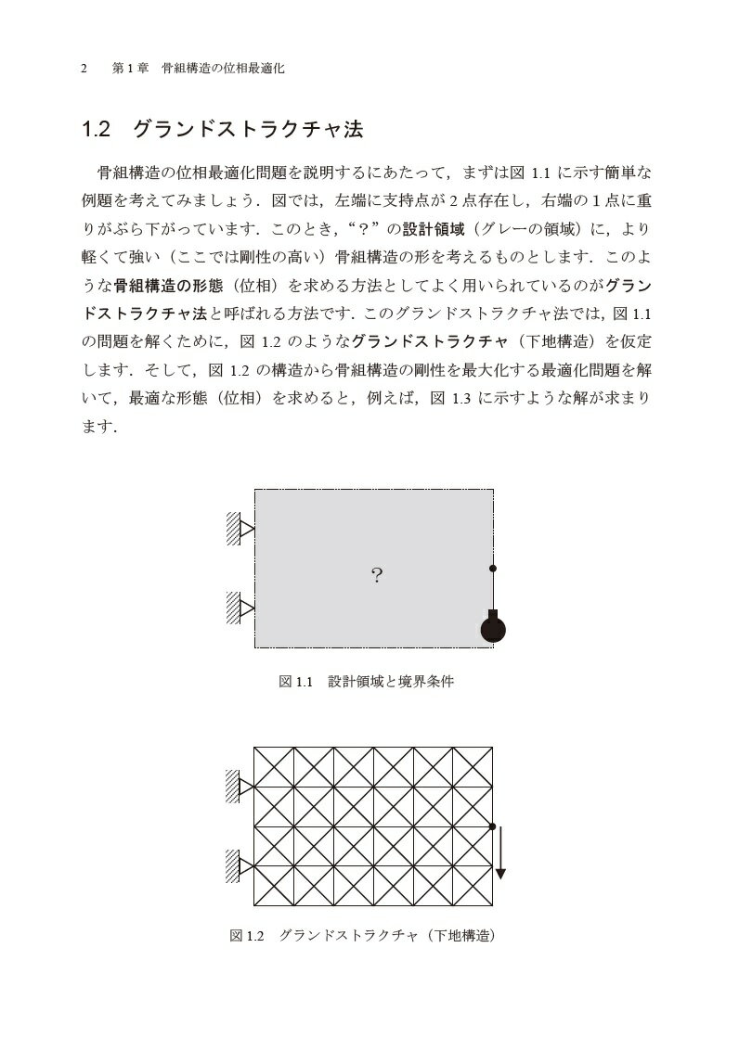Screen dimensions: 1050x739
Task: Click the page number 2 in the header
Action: [84, 69]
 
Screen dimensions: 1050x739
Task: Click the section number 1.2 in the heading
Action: [97, 130]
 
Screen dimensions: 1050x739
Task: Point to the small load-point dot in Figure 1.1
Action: [493, 568]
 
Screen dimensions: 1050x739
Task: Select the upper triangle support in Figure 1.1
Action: [247, 529]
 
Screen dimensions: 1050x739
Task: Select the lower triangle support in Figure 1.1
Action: [247, 608]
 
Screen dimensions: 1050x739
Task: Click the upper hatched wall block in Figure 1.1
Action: [233, 529]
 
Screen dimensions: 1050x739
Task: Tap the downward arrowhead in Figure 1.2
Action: [500, 872]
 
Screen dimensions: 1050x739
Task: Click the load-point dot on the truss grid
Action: [493, 826]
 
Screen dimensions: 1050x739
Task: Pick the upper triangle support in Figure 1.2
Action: [247, 787]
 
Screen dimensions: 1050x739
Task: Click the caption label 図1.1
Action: [299, 682]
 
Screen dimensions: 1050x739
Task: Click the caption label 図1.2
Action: [248, 936]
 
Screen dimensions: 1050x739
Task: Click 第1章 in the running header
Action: [124, 69]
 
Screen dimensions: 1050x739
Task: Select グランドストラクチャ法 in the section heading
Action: [248, 130]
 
